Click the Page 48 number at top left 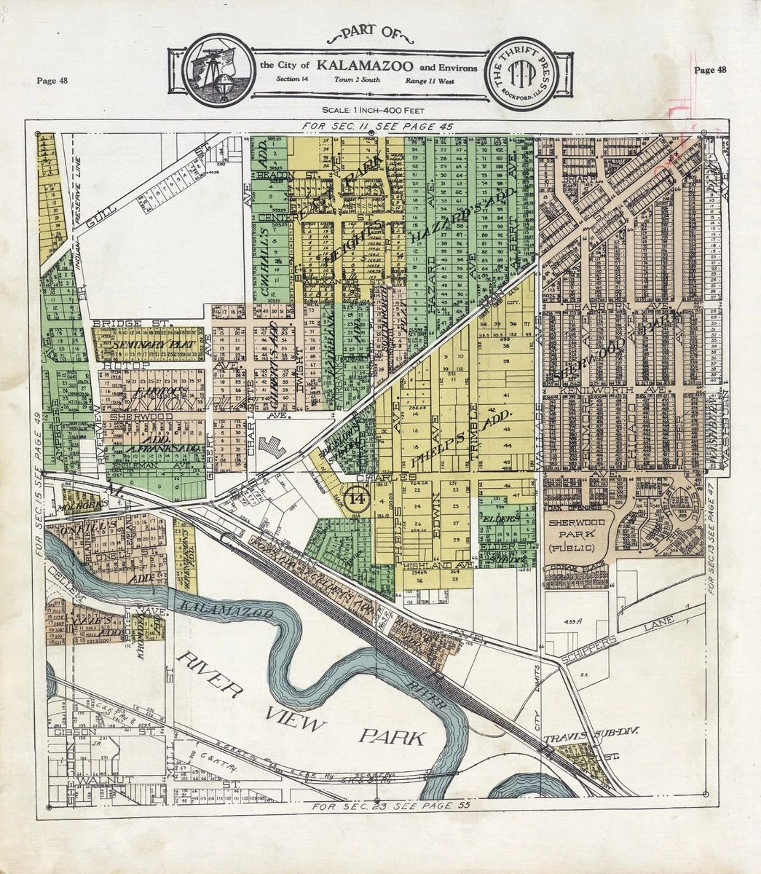pyautogui.click(x=52, y=80)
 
